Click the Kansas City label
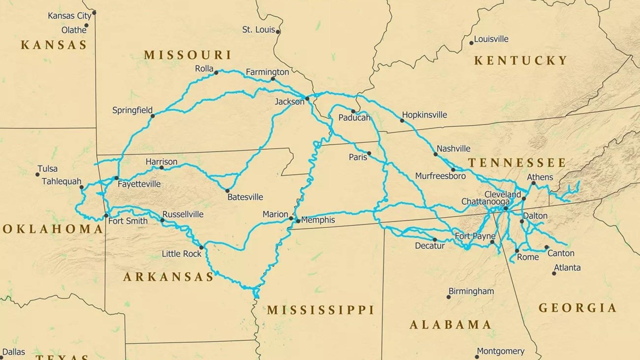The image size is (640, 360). click(69, 16)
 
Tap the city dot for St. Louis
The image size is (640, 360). click(278, 32)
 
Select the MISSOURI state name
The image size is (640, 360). click(188, 55)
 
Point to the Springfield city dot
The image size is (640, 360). click(153, 116)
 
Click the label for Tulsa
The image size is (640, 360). click(47, 169)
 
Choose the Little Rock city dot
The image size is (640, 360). click(201, 247)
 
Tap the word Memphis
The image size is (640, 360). click(318, 220)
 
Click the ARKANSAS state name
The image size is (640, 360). click(168, 277)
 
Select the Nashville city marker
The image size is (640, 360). click(435, 154)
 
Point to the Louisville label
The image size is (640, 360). click(491, 39)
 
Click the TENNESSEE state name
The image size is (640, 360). click(517, 163)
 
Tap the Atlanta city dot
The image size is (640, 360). click(554, 273)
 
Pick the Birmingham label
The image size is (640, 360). click(471, 291)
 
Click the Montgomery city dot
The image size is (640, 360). click(477, 357)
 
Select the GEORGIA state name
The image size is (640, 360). click(577, 308)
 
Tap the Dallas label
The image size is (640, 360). click(14, 352)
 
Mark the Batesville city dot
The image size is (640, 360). click(227, 191)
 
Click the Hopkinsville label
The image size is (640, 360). click(424, 115)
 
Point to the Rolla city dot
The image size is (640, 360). click(216, 73)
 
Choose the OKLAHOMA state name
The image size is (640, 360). click(53, 229)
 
